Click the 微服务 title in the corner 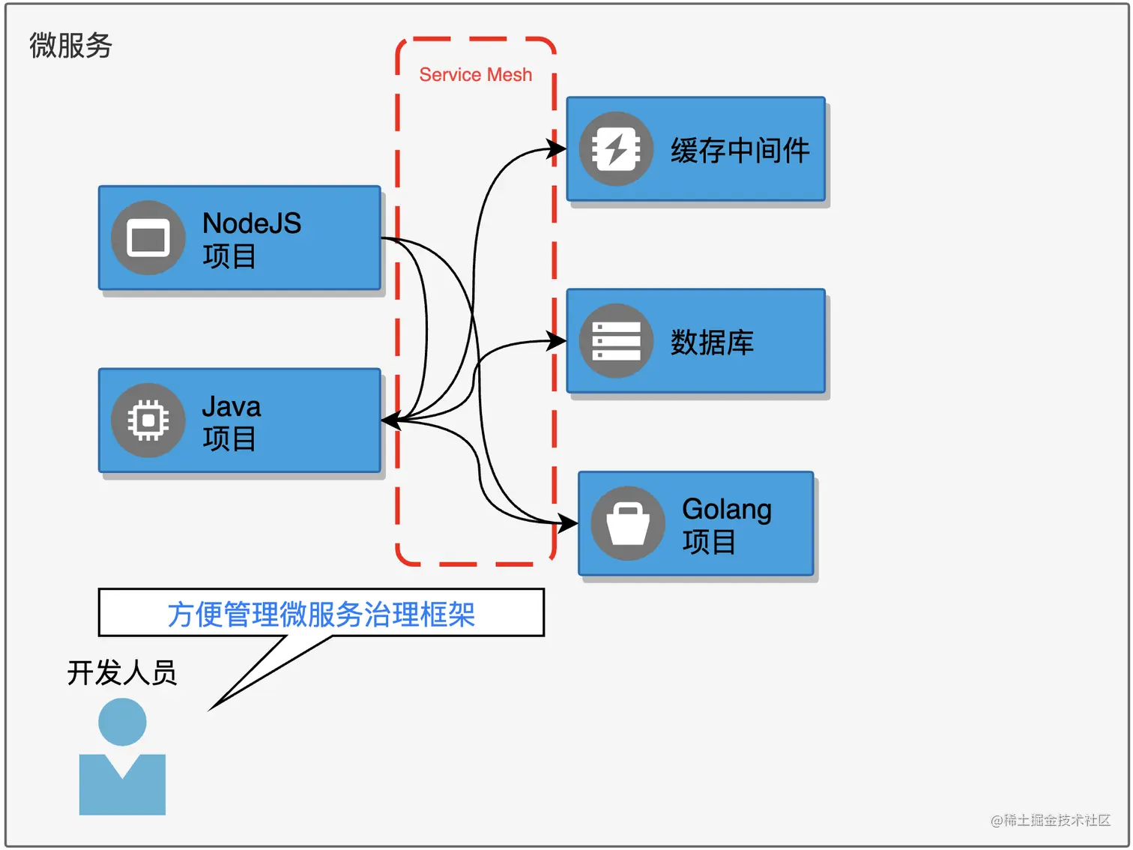70,46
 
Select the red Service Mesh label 475,75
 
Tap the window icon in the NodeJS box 148,238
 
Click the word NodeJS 252,223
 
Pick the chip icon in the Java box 148,421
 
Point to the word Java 232,407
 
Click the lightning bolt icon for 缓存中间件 616,149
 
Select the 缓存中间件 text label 740,151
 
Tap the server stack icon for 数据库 616,341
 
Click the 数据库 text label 712,343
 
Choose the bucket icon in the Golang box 628,523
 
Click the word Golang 727,510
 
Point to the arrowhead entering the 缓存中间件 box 558,148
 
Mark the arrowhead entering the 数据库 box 558,341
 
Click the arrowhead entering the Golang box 569,522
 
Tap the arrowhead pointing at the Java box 390,421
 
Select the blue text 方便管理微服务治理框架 321,615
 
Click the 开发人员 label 122,672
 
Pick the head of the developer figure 122,722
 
